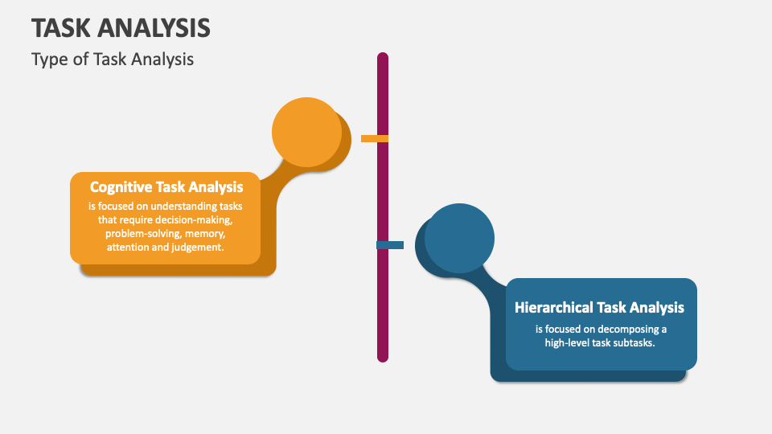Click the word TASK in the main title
point(62,28)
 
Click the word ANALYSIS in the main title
point(155,28)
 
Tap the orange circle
point(306,131)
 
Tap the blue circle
point(459,238)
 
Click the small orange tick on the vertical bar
point(375,138)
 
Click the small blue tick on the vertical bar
point(390,245)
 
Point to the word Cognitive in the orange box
point(121,187)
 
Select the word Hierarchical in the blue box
point(553,307)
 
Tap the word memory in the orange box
point(204,233)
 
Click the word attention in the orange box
point(129,248)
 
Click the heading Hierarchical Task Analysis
point(599,307)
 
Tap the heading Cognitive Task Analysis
point(166,187)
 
